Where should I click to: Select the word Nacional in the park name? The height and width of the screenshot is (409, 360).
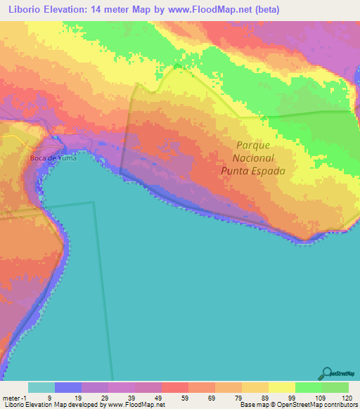click(254, 158)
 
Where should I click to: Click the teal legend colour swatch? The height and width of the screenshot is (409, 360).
click(41, 387)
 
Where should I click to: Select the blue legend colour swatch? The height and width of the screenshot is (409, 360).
click(68, 387)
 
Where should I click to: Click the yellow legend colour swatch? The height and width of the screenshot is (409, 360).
click(281, 387)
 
